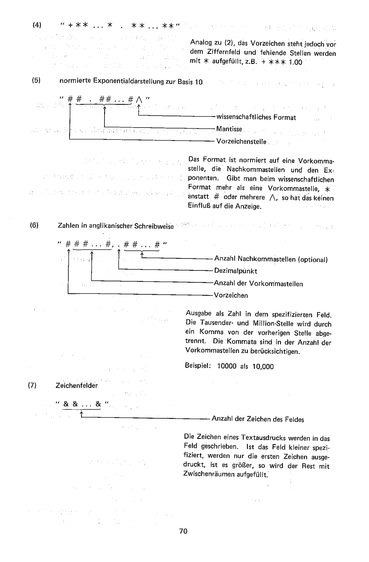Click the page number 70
[183, 531]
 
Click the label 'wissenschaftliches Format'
[256, 117]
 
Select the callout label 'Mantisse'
[229, 129]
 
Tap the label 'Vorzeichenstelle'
[241, 142]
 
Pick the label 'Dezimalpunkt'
[235, 271]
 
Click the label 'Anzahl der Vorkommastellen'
[258, 283]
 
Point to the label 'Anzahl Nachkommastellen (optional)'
[271, 260]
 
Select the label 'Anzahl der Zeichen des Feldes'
[258, 419]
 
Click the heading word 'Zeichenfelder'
[77, 385]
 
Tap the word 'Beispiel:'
[197, 366]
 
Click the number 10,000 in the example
[260, 367]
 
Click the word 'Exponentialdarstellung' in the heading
[130, 81]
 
